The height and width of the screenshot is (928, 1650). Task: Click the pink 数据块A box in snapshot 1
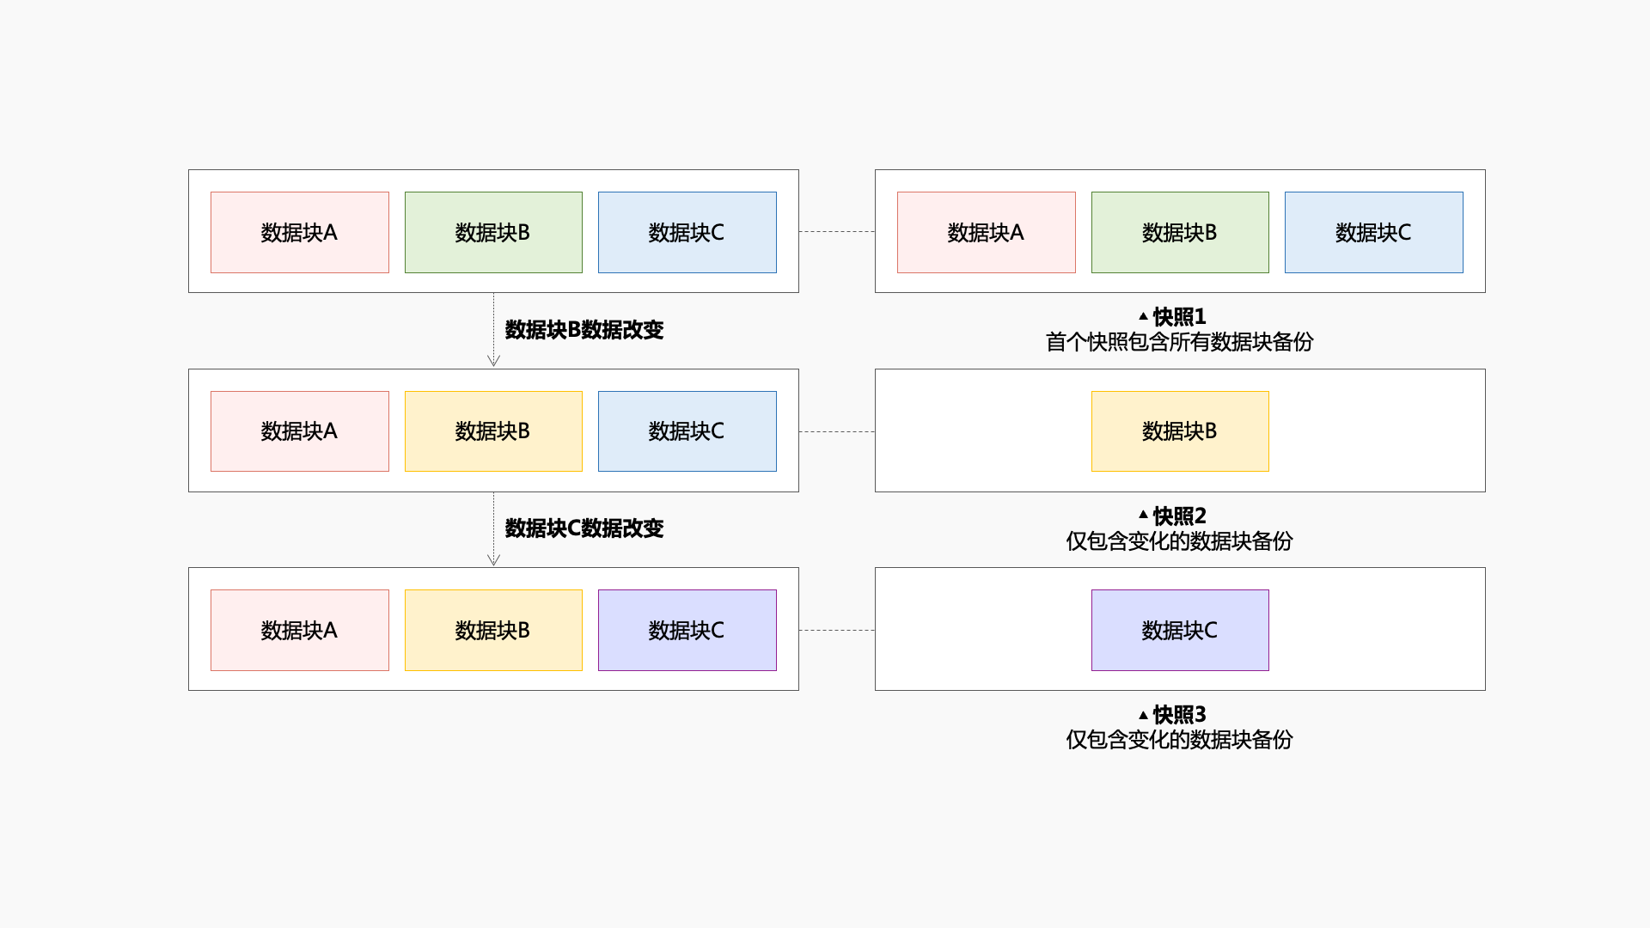click(x=986, y=232)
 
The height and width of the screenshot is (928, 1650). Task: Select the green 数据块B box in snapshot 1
click(x=1179, y=232)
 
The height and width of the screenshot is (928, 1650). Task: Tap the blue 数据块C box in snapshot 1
click(x=1373, y=232)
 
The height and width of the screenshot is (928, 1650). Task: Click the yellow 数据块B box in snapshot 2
click(x=1179, y=431)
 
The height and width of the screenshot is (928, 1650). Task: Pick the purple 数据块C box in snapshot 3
click(x=1179, y=630)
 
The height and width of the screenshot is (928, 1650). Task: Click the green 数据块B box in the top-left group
click(x=493, y=232)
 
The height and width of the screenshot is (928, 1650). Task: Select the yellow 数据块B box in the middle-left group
click(x=493, y=431)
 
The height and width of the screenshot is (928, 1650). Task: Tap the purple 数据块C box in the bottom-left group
click(x=687, y=630)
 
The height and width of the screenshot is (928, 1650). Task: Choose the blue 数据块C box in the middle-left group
click(x=687, y=431)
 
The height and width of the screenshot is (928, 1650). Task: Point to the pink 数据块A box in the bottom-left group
click(x=299, y=630)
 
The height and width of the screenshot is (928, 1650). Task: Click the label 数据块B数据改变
click(x=584, y=330)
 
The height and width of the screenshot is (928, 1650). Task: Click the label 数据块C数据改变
click(x=584, y=528)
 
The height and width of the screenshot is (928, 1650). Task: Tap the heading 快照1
click(x=1179, y=317)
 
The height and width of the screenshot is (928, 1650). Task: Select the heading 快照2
click(x=1179, y=516)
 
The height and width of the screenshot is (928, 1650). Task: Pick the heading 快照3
click(x=1179, y=715)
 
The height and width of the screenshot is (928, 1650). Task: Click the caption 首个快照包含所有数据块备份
click(x=1179, y=342)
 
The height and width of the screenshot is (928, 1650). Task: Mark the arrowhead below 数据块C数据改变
click(x=493, y=560)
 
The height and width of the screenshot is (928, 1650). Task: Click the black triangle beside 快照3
click(x=1143, y=715)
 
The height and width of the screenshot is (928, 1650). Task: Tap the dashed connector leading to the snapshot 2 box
click(x=836, y=431)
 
